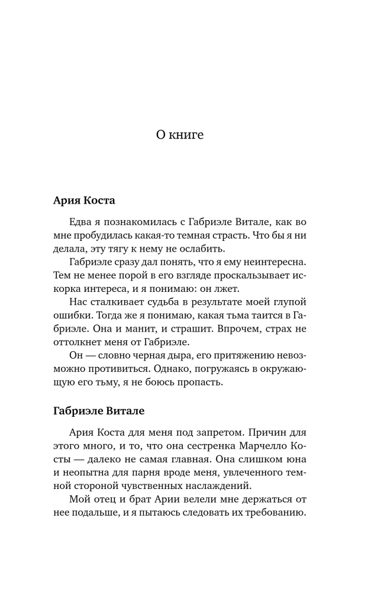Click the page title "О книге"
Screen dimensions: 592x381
click(x=179, y=135)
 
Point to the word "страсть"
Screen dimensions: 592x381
click(x=231, y=236)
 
